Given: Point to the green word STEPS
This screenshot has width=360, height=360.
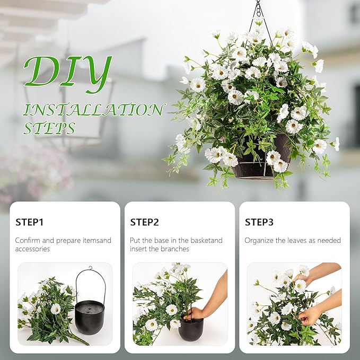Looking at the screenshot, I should [x=49, y=128].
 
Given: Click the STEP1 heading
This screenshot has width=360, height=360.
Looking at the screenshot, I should [x=30, y=222].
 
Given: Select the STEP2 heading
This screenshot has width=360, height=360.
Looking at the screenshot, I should [x=144, y=222].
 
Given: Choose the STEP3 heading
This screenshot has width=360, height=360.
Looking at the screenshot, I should [x=259, y=222].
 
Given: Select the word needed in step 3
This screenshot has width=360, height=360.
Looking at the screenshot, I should [x=329, y=240].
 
